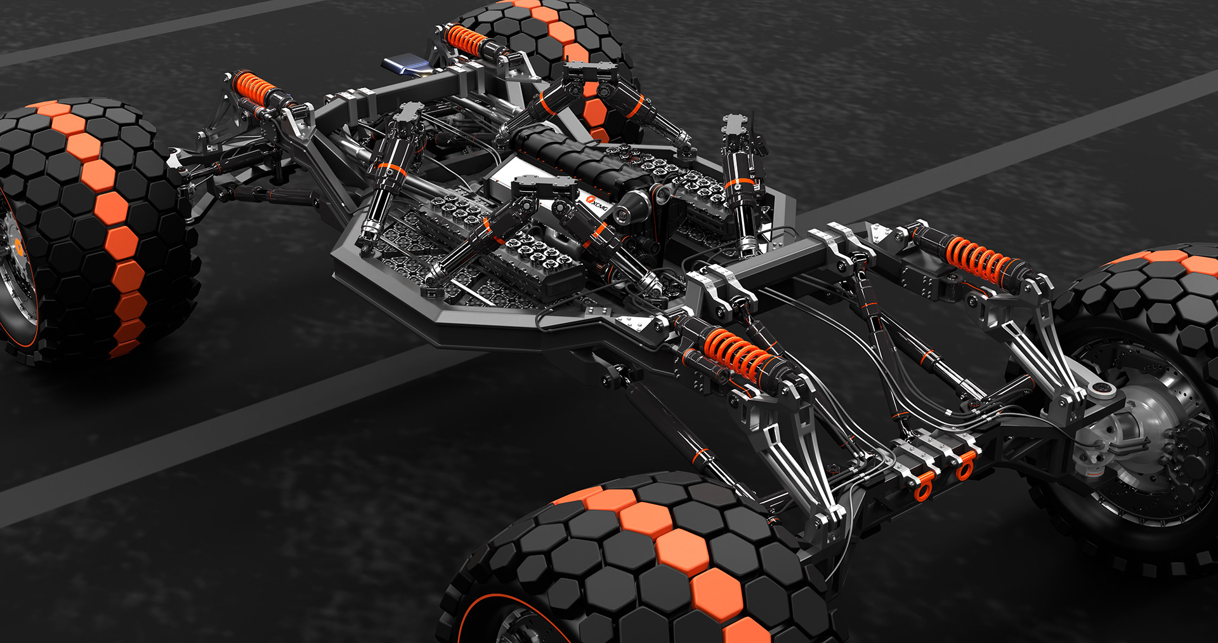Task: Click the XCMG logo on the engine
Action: coord(597,204)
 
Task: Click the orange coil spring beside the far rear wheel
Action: coord(466,41)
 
